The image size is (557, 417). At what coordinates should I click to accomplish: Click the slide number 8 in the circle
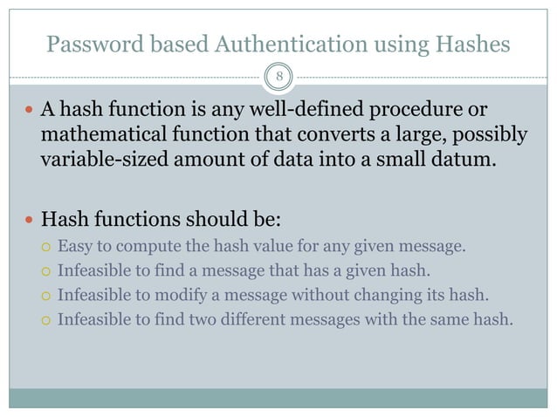click(x=278, y=76)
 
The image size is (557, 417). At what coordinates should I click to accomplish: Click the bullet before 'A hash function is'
click(x=30, y=113)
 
